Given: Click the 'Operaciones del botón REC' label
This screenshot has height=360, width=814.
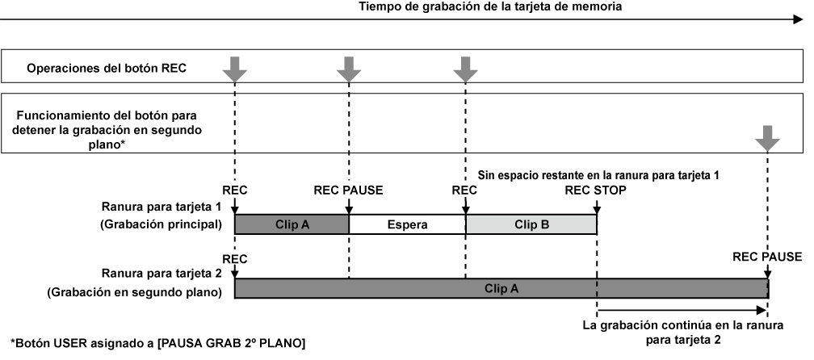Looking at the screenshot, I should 107,68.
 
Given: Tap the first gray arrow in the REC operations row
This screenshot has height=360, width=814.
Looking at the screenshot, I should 234,69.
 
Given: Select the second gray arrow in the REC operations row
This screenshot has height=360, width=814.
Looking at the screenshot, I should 349,69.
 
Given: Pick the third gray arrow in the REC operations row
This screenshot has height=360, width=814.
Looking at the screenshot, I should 466,69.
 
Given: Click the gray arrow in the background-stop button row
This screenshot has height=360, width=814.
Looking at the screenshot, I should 768,139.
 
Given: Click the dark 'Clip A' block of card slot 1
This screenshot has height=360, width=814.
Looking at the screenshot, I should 292,224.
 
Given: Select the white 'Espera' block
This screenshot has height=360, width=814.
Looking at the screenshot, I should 407,224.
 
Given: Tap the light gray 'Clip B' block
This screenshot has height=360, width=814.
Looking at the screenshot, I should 531,224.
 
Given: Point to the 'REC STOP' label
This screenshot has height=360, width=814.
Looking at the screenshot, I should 596,190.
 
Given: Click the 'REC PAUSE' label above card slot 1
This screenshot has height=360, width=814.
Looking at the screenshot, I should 348,190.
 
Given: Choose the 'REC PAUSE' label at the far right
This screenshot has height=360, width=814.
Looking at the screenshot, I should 767,257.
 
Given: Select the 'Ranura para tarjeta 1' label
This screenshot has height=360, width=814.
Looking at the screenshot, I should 162,207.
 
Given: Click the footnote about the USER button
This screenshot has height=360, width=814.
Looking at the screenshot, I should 157,344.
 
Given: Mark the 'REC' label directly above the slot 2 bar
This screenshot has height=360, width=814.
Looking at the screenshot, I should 234,257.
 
